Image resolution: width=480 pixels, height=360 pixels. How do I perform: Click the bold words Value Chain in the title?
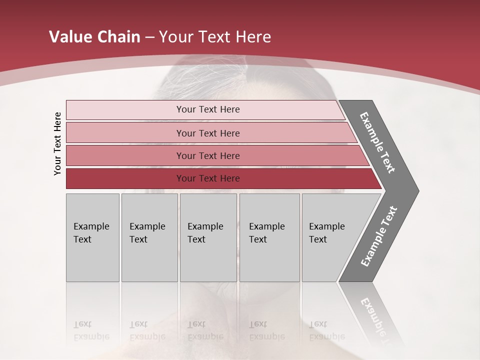click(94, 37)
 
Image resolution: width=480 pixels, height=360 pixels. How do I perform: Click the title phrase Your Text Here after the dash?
click(215, 37)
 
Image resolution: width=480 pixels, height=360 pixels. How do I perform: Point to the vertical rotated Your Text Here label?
click(57, 144)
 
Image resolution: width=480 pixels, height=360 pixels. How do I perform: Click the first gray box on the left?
click(92, 237)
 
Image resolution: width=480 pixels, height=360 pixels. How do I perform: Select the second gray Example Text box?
click(149, 237)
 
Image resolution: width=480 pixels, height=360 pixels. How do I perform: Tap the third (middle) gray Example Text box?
click(208, 237)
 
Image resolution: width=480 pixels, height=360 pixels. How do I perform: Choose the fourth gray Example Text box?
click(269, 237)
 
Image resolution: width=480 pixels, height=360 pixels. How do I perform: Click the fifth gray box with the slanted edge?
click(330, 237)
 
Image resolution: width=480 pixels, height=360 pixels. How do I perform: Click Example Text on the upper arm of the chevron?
click(377, 142)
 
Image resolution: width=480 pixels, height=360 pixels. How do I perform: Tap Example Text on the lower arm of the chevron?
click(379, 236)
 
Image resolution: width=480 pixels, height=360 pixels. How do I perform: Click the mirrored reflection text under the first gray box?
click(91, 330)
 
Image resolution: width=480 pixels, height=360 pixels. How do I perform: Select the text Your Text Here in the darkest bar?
click(208, 178)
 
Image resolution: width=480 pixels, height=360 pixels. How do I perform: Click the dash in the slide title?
click(149, 37)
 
